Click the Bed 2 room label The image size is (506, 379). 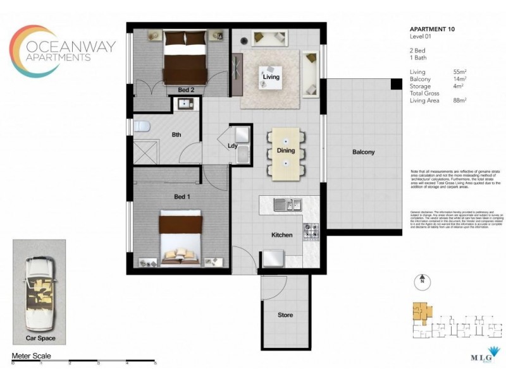click(x=185, y=89)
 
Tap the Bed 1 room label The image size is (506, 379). click(x=182, y=198)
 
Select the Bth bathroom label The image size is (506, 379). click(x=177, y=134)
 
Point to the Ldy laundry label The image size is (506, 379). click(x=232, y=146)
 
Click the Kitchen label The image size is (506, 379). click(x=281, y=235)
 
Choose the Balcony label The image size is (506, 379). click(x=363, y=152)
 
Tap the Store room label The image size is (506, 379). click(x=285, y=315)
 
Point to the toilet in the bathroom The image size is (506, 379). click(x=141, y=126)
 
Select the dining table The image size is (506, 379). click(x=286, y=154)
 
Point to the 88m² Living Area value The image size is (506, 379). click(x=459, y=100)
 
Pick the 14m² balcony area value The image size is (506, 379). click(x=459, y=79)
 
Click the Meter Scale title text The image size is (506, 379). click(x=32, y=356)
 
